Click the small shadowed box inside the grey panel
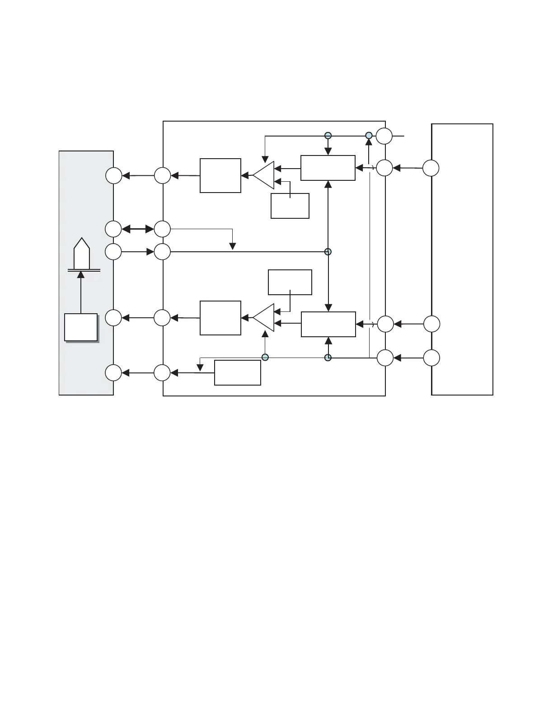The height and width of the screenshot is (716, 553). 81,327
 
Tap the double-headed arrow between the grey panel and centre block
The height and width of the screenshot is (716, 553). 138,229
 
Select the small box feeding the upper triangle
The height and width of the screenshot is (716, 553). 290,206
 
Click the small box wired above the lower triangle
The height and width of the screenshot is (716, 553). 290,283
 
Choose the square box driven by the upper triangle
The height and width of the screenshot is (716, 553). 220,175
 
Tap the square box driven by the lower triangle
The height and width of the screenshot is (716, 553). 220,318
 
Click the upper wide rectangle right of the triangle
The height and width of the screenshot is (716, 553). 328,168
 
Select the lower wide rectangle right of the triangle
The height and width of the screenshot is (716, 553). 328,324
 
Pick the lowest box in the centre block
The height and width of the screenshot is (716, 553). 238,373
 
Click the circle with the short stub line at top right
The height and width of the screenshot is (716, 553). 384,136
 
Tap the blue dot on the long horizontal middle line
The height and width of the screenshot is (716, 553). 328,251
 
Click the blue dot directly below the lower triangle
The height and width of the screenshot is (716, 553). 265,358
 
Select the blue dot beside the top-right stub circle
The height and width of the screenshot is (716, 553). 369,136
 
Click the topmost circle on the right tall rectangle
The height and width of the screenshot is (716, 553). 431,168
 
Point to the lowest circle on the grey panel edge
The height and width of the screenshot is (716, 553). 113,373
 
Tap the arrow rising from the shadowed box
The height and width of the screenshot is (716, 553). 81,292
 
